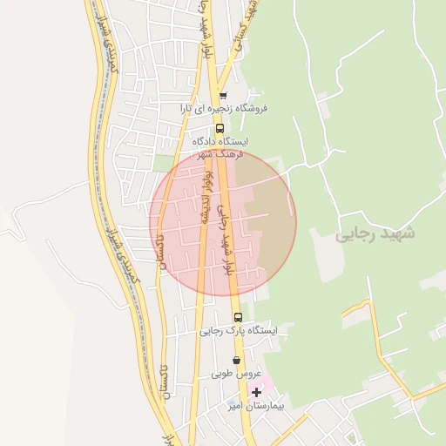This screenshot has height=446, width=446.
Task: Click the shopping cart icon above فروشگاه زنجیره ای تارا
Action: click(223, 96)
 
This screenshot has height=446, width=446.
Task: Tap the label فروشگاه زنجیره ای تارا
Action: click(224, 109)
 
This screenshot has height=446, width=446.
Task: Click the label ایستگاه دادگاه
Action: click(220, 140)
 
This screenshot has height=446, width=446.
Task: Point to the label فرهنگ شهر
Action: click(217, 153)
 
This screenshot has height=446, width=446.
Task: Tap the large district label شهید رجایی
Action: click(375, 233)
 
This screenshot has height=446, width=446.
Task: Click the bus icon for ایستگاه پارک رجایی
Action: click(238, 317)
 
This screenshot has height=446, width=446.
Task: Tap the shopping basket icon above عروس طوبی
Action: click(236, 360)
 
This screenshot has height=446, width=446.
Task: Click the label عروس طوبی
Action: click(236, 374)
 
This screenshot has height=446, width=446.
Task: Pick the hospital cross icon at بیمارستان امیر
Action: click(255, 393)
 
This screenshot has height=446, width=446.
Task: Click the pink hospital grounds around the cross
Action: click(264, 382)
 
